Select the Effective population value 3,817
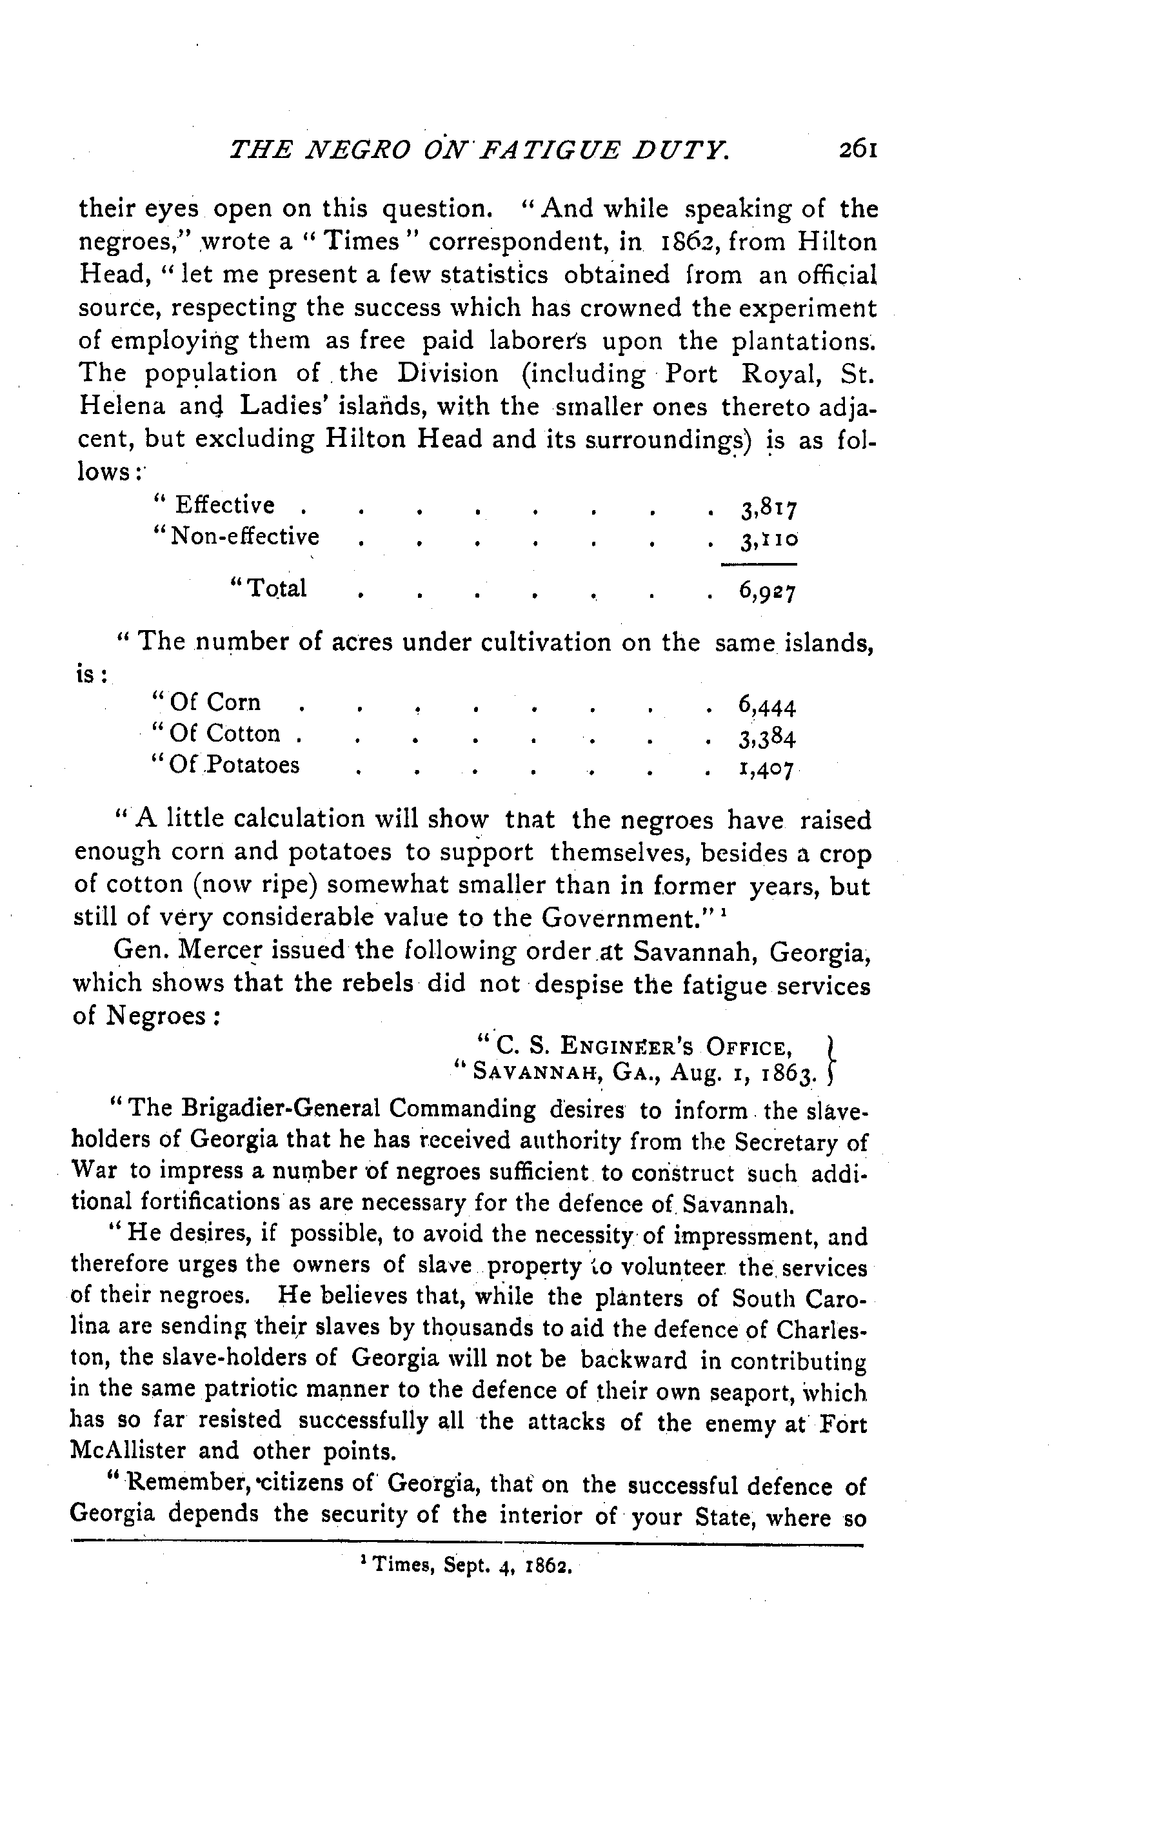click(x=767, y=508)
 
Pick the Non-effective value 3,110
click(x=767, y=540)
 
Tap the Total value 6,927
click(x=767, y=590)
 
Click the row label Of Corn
click(x=207, y=702)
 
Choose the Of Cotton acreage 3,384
click(x=767, y=738)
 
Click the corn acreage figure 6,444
click(x=767, y=706)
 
